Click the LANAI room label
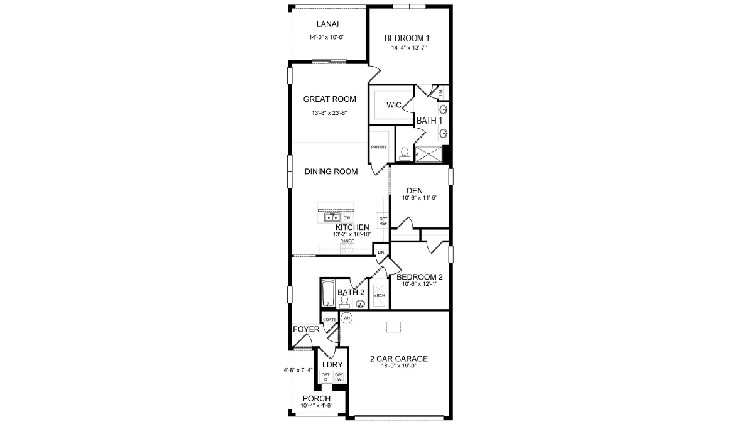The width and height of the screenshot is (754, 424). point(327,24)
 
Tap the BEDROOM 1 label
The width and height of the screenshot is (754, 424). point(407,38)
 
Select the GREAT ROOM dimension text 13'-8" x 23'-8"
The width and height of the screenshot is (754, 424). point(330,113)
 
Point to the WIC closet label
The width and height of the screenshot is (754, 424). point(394,105)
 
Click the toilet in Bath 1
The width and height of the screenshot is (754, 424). point(405,153)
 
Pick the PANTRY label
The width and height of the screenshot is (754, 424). point(378,147)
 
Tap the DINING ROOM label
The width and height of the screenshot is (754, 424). point(331,171)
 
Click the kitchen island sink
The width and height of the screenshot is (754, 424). point(331,217)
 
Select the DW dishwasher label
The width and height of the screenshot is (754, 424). point(346,218)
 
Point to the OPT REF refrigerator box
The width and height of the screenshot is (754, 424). point(383,220)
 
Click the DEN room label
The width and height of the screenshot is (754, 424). point(414,191)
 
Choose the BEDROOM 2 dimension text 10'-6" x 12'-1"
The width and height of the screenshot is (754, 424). point(418,284)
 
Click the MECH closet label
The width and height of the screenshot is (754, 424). point(379,295)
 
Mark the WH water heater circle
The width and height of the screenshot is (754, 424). point(346,318)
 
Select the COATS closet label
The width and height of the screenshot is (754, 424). point(330,319)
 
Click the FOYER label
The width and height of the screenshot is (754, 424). point(306,329)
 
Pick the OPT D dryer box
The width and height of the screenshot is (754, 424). point(325,377)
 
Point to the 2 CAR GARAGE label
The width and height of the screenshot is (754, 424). point(398,359)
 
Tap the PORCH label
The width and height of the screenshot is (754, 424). point(317,398)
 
